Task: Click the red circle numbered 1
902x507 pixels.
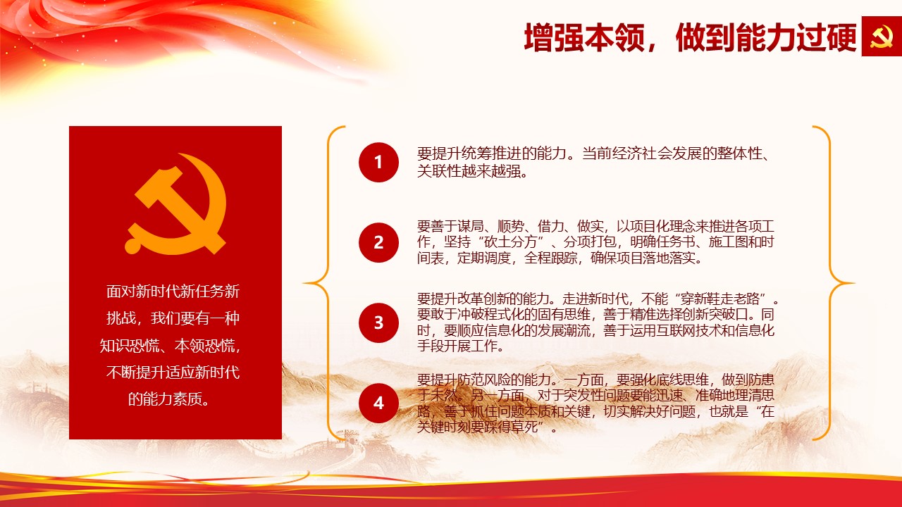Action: pos(378,162)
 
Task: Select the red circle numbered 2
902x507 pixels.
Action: pos(378,243)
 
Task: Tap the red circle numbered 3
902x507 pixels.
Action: pos(378,323)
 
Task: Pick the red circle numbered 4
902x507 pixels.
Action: pos(378,403)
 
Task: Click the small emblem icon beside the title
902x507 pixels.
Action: pos(882,36)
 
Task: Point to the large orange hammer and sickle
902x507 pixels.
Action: pos(176,204)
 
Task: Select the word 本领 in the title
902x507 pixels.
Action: pos(615,37)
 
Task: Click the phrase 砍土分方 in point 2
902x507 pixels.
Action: pos(511,242)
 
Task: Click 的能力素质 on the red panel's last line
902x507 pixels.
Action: pos(165,399)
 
